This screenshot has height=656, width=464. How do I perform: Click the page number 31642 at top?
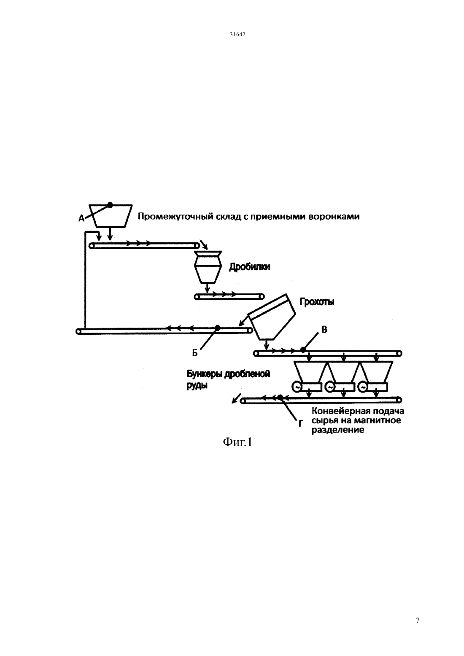click(237, 34)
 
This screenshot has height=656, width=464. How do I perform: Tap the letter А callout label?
click(81, 218)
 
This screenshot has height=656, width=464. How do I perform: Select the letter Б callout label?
click(195, 353)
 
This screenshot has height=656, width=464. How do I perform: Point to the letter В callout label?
click(324, 330)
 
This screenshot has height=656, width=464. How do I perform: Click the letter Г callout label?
click(300, 424)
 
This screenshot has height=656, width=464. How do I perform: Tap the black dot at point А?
click(110, 205)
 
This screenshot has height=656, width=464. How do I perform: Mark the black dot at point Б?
click(218, 328)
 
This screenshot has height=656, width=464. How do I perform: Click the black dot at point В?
click(303, 350)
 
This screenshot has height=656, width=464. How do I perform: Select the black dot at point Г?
click(281, 397)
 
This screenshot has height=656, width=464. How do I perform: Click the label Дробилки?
click(250, 267)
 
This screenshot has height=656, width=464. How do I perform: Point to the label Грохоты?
click(317, 301)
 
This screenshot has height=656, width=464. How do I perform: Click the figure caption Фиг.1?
click(237, 442)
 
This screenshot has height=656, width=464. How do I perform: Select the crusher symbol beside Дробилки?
click(208, 267)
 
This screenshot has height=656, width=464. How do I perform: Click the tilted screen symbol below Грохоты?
click(272, 318)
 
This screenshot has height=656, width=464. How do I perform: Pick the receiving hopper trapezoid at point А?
click(111, 216)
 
